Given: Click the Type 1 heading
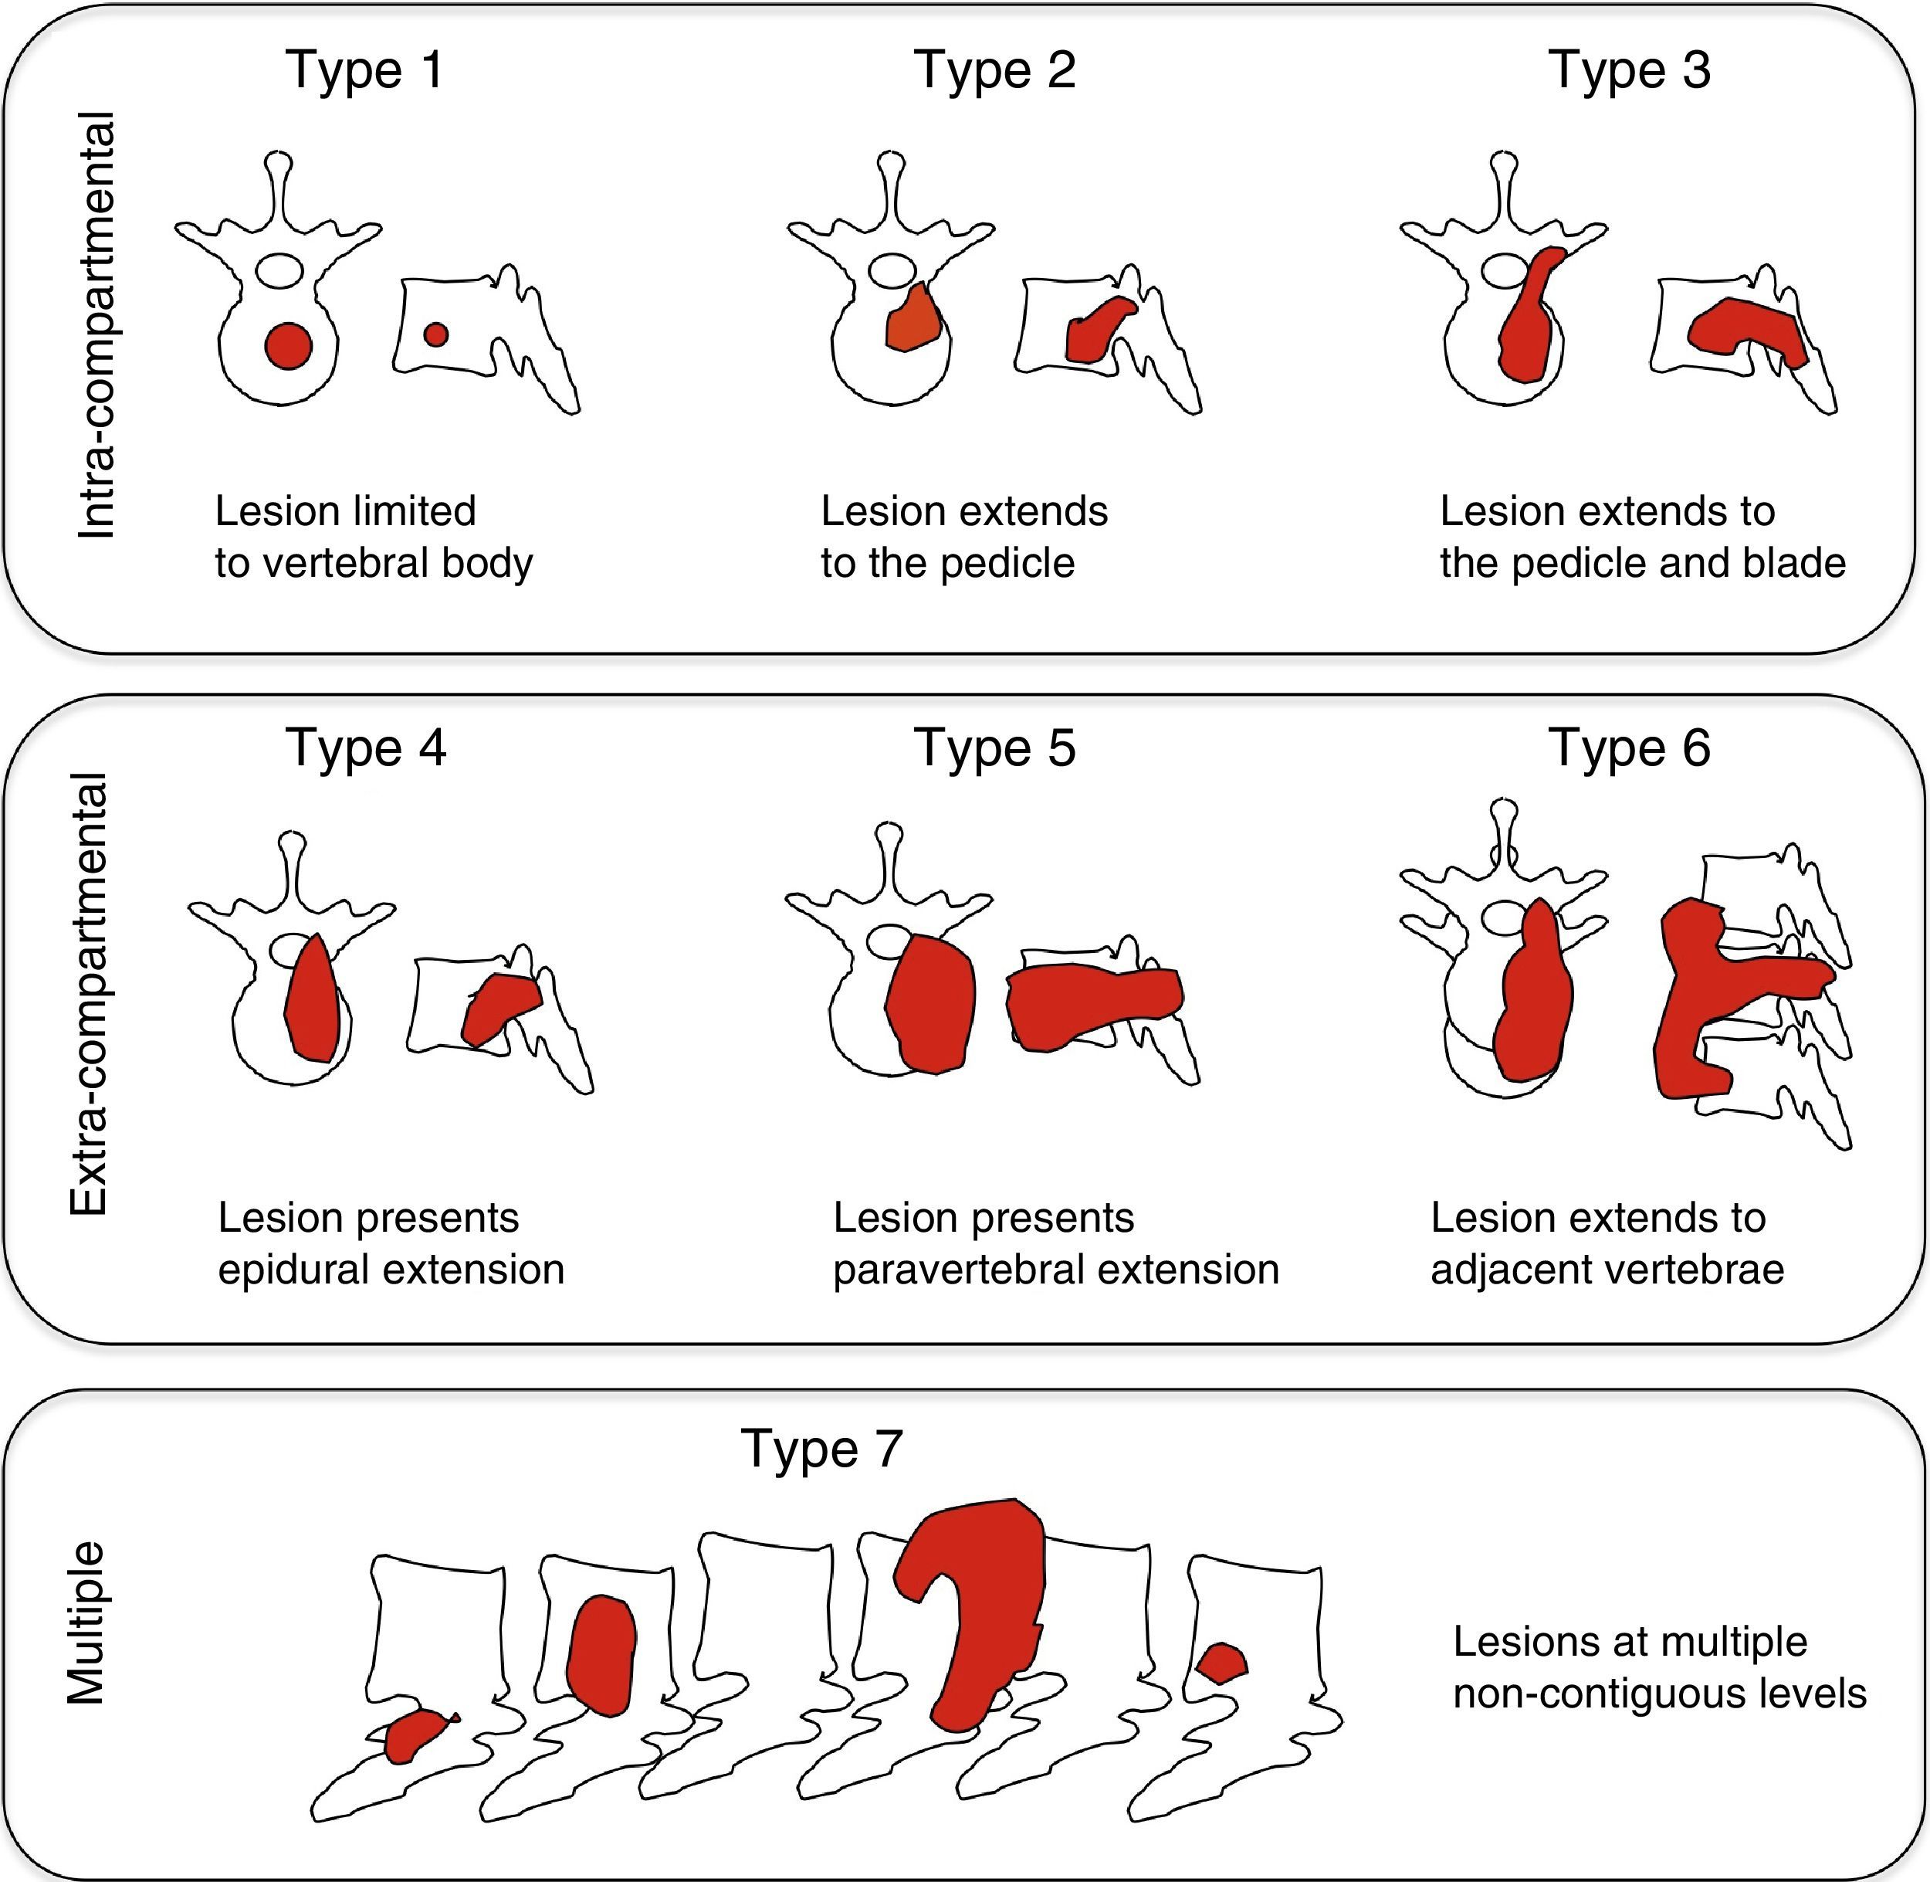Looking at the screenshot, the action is [x=364, y=71].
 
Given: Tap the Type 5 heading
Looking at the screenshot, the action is [x=994, y=748].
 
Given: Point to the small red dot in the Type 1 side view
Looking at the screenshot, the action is [x=436, y=335].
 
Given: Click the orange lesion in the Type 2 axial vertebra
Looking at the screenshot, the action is [x=913, y=318].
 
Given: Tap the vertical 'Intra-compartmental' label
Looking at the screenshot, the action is [x=96, y=326].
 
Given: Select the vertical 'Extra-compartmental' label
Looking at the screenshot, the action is [x=89, y=993].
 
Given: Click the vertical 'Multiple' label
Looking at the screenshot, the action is [x=86, y=1622].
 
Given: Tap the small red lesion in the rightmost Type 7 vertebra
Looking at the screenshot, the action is [x=1222, y=1663].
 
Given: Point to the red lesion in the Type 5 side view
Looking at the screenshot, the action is [x=1093, y=1006].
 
